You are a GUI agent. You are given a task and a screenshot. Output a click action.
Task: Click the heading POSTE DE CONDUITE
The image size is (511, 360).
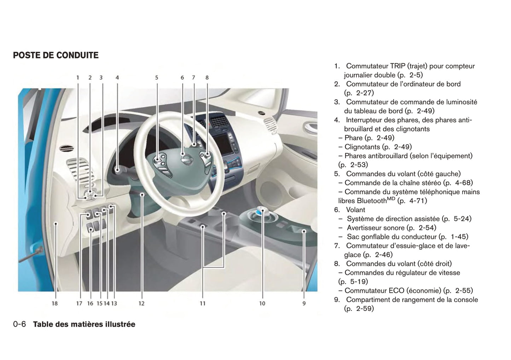(x=56, y=55)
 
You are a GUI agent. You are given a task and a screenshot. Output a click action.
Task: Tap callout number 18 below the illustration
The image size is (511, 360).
(x=54, y=303)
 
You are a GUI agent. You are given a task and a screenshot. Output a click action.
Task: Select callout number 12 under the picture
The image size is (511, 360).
(x=141, y=303)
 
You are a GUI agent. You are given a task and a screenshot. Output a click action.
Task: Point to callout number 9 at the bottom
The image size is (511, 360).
(x=304, y=303)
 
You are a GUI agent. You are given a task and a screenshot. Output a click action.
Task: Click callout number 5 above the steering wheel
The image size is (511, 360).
(x=157, y=78)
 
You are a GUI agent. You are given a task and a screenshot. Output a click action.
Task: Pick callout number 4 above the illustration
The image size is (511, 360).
(x=117, y=78)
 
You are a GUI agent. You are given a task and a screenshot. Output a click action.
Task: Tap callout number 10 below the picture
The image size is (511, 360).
(x=262, y=303)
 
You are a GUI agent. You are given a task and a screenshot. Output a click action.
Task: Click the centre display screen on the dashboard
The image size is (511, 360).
(x=225, y=143)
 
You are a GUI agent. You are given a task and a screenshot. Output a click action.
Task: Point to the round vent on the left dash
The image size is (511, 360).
(x=65, y=148)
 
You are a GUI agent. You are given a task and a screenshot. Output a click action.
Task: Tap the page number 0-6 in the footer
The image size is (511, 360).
(x=19, y=324)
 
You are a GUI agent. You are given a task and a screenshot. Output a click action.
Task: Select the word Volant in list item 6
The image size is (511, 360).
(x=355, y=209)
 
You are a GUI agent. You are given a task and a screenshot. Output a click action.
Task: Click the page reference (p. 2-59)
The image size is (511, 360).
(x=359, y=309)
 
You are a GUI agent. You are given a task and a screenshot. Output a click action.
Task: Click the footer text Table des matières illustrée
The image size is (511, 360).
(x=84, y=324)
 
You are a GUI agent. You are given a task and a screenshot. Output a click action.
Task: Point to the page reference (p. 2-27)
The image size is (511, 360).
(x=359, y=93)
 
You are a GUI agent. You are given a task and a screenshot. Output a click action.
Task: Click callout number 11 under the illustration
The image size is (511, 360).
(x=203, y=303)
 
